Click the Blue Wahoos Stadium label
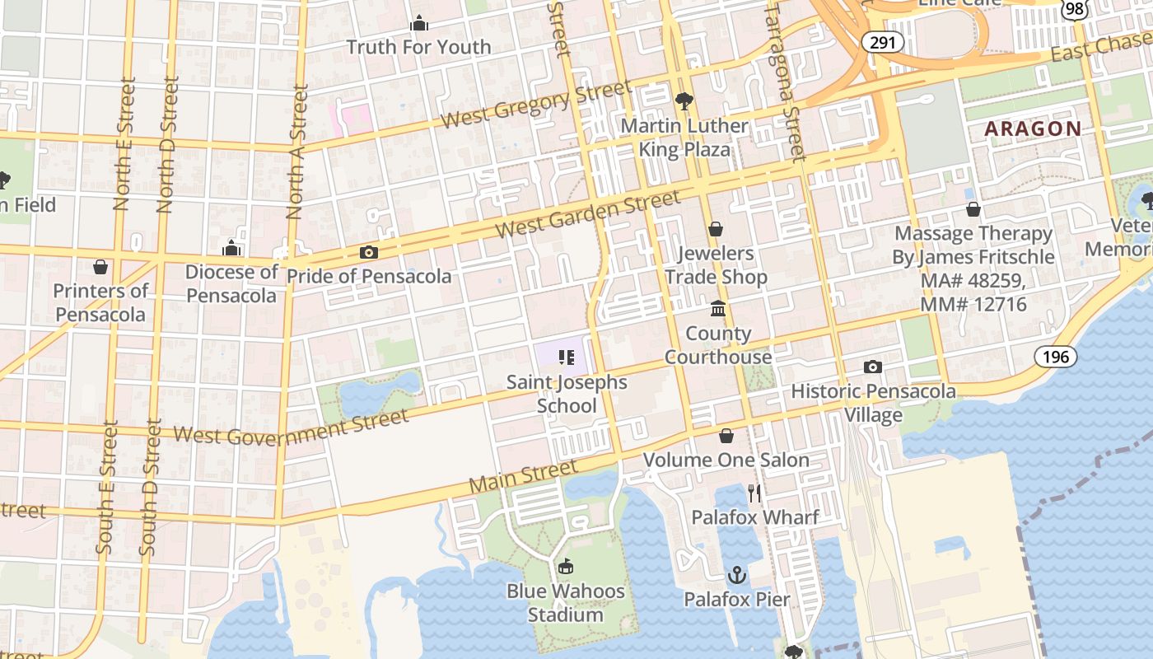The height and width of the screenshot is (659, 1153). coord(565,603)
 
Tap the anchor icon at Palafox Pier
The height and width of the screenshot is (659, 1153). coord(737,575)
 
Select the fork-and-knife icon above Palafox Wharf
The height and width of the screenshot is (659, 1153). coord(754,493)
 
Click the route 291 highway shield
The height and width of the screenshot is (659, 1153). coord(881,42)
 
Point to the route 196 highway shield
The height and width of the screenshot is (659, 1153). coord(1054,357)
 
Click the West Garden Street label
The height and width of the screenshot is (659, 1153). coord(590,214)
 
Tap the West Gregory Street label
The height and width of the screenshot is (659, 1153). coord(536,105)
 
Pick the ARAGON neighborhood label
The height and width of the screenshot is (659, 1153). coord(1033,129)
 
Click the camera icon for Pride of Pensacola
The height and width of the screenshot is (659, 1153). coord(368,253)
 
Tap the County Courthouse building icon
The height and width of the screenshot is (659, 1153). coord(717,308)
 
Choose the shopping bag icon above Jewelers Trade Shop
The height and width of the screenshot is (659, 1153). coord(716,228)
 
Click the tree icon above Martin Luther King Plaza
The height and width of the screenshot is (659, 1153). coord(684,101)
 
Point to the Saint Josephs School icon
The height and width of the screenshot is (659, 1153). coord(566,358)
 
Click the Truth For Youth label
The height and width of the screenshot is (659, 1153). coord(418,47)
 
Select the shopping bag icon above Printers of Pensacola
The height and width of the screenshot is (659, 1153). coord(100,267)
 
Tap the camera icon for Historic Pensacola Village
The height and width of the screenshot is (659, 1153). coord(873,367)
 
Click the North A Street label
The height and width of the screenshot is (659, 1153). coord(296,152)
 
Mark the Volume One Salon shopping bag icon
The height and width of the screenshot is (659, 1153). coord(726,435)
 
